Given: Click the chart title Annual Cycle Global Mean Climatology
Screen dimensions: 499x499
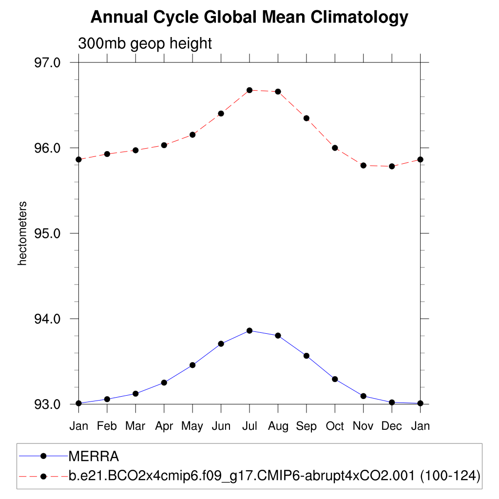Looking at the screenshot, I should (x=249, y=18).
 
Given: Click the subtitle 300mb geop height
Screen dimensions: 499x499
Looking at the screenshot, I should (x=145, y=43).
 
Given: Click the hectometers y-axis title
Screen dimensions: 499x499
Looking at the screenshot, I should (x=22, y=233).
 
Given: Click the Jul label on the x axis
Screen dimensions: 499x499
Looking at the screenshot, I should (x=249, y=426).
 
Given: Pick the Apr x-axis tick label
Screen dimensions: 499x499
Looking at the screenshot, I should (x=164, y=426).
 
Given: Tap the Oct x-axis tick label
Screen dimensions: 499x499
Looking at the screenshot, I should (x=335, y=426).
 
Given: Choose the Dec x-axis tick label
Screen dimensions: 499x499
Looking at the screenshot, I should (x=392, y=426).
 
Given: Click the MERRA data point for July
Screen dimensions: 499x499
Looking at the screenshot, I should (x=249, y=330).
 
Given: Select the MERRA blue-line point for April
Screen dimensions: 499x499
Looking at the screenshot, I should (x=164, y=383).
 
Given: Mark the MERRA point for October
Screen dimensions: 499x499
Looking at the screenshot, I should (x=335, y=379).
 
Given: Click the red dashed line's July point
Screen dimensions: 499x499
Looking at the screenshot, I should (x=249, y=90).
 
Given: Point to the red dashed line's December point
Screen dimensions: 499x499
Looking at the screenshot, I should (x=392, y=166).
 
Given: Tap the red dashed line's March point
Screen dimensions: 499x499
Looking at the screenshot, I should (x=135, y=150).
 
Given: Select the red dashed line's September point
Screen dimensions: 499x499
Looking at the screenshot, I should (x=307, y=118).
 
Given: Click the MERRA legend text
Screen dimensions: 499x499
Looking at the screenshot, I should (x=94, y=457).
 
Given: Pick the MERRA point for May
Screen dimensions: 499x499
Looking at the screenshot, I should (x=192, y=365).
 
